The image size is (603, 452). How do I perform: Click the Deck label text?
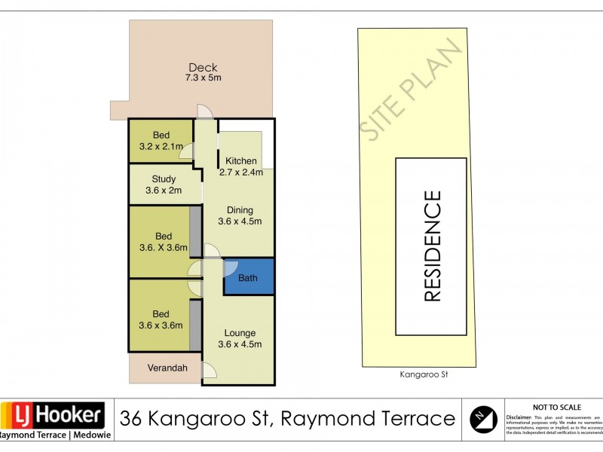pos(203,67)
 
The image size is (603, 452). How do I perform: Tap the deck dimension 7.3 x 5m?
pos(203,78)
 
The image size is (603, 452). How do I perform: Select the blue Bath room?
pos(247,277)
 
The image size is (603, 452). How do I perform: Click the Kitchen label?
pos(241,161)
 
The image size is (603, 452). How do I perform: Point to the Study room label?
pos(164,179)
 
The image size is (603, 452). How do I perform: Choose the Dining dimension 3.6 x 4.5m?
pos(240,221)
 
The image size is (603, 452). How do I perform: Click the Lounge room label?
pos(240,333)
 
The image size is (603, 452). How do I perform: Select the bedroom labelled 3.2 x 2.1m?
pos(161,141)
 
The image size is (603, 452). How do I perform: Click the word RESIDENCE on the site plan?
pos(432,246)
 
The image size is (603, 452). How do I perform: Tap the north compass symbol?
pos(482,418)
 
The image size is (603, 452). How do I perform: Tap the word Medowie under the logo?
pos(89,435)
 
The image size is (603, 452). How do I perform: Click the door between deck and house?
pos(204,111)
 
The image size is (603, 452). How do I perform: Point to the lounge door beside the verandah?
pos(209,368)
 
